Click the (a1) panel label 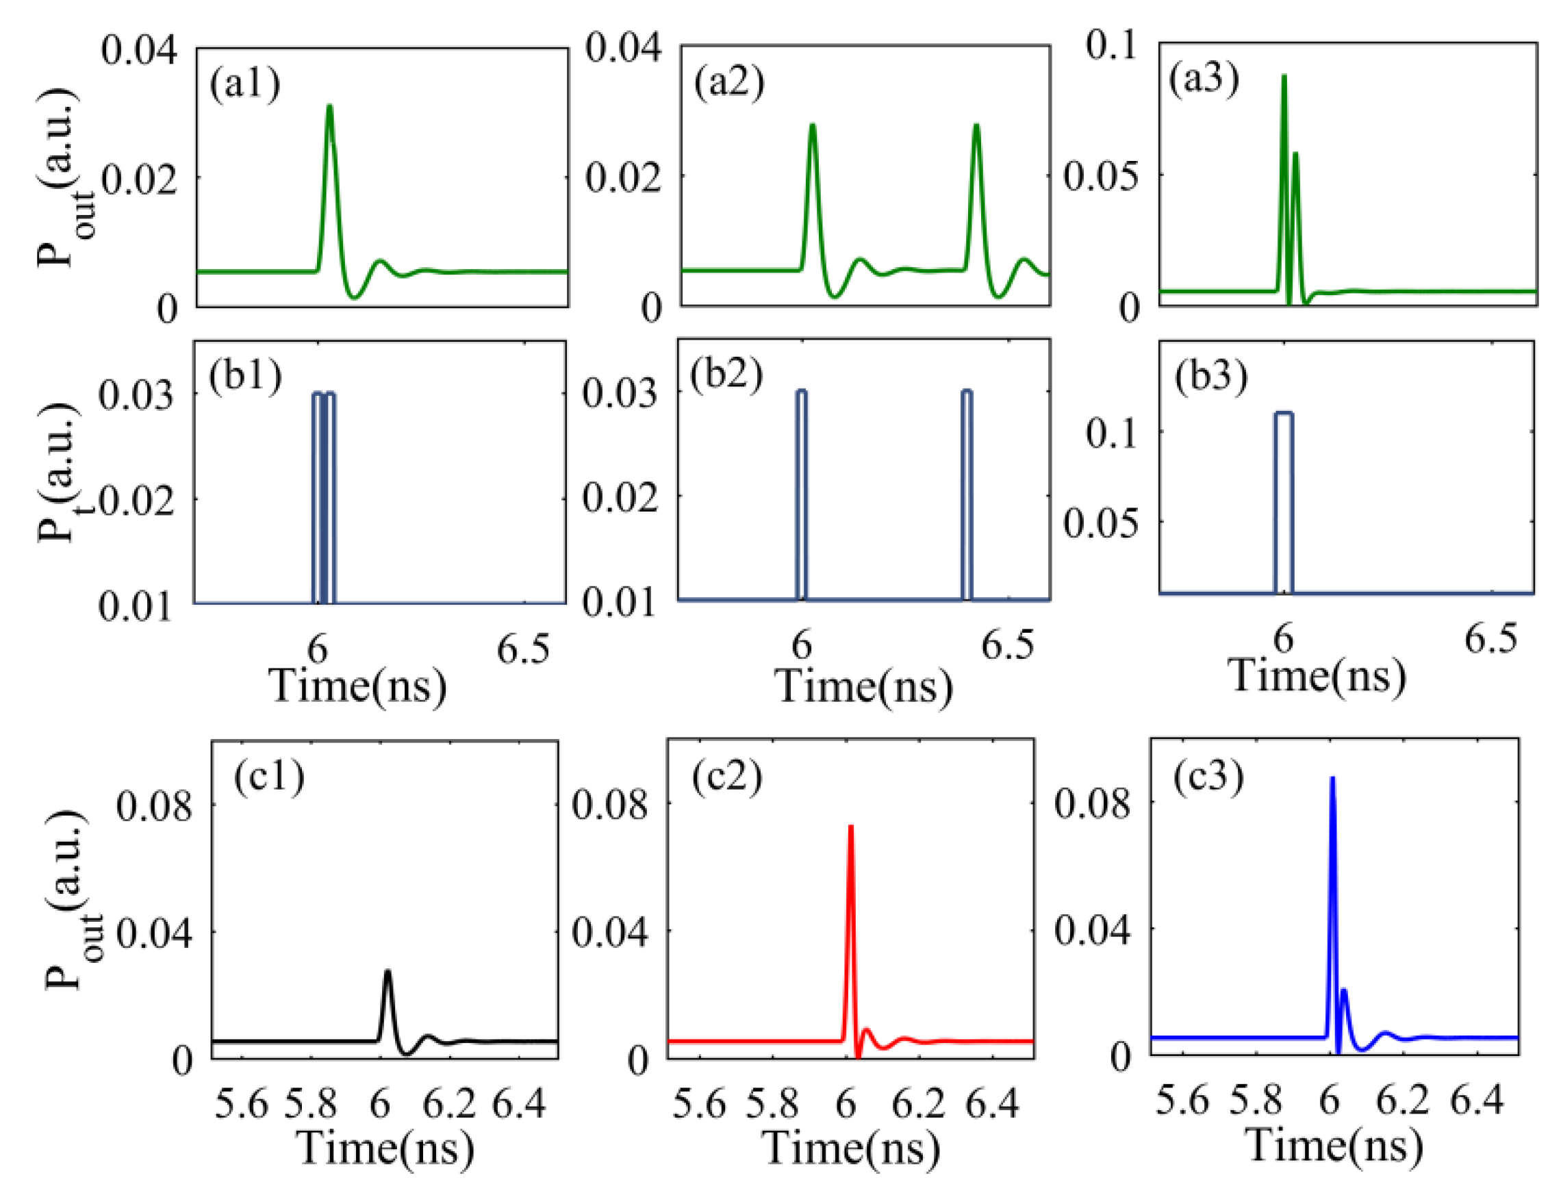244,84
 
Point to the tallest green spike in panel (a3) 1284,77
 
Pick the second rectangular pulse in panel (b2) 967,392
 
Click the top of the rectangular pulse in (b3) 1284,413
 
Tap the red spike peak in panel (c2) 850,827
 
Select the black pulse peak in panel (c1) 388,972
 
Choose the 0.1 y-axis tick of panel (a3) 1111,46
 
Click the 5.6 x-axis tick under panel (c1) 242,1105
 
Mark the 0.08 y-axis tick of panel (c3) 1092,804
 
